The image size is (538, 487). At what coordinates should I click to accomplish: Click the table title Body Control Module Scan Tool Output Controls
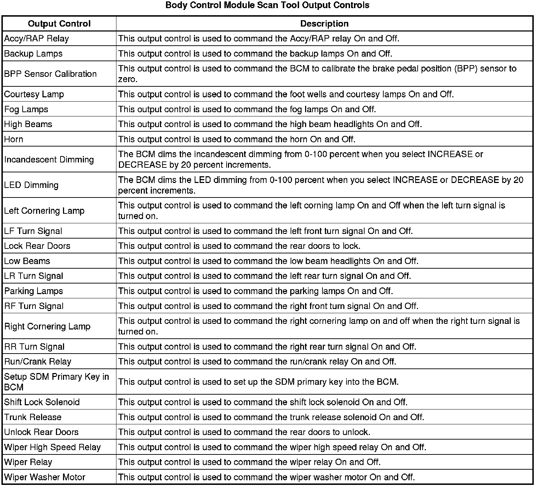267,5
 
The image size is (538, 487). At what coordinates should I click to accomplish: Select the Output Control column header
59,24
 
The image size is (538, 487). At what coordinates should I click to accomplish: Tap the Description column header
324,24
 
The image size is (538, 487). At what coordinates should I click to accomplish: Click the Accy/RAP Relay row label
36,39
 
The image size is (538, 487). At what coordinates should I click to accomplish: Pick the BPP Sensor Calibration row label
50,74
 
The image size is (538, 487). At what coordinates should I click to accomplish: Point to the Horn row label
13,139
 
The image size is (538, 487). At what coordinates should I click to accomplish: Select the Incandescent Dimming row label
49,160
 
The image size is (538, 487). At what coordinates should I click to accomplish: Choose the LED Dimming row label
31,185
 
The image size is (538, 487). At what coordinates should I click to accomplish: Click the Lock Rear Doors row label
37,246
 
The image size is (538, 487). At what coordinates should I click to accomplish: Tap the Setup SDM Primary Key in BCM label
56,382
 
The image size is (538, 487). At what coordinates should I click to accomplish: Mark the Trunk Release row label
33,417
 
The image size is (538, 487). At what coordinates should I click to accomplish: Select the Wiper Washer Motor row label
45,477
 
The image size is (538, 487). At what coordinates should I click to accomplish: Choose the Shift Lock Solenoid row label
42,402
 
